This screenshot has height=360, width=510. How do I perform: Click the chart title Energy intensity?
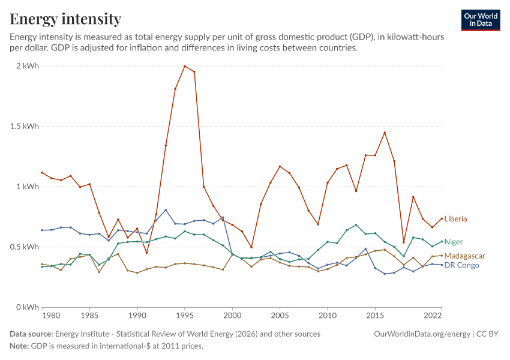click(x=65, y=19)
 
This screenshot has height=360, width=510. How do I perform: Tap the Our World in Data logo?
click(x=481, y=20)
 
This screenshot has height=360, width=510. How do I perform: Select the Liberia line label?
click(x=455, y=219)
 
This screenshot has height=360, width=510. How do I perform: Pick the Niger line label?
click(x=454, y=242)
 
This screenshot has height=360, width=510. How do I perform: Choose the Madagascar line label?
click(x=464, y=256)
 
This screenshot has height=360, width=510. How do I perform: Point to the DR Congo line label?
click(x=461, y=265)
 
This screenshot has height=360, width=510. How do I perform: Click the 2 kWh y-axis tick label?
click(x=28, y=66)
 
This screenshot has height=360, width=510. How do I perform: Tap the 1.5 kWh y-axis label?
click(x=25, y=126)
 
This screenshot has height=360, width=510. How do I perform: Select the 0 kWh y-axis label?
click(x=28, y=307)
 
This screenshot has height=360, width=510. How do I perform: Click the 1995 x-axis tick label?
click(x=185, y=316)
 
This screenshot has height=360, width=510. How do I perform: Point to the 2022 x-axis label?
click(x=433, y=316)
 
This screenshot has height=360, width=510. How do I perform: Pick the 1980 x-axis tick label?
click(x=51, y=316)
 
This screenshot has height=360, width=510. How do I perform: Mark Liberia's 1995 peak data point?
click(x=185, y=66)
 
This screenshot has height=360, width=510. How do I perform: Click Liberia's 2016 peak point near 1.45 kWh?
click(x=385, y=133)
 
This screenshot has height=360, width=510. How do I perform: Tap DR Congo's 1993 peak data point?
click(x=166, y=210)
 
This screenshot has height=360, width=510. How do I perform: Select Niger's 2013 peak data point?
click(x=356, y=225)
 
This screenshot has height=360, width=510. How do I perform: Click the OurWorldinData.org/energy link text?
click(x=422, y=334)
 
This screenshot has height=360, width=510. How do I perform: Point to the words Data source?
click(x=31, y=334)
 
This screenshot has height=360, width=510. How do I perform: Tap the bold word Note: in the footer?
click(x=19, y=346)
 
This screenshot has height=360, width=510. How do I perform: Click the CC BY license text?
click(x=487, y=334)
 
